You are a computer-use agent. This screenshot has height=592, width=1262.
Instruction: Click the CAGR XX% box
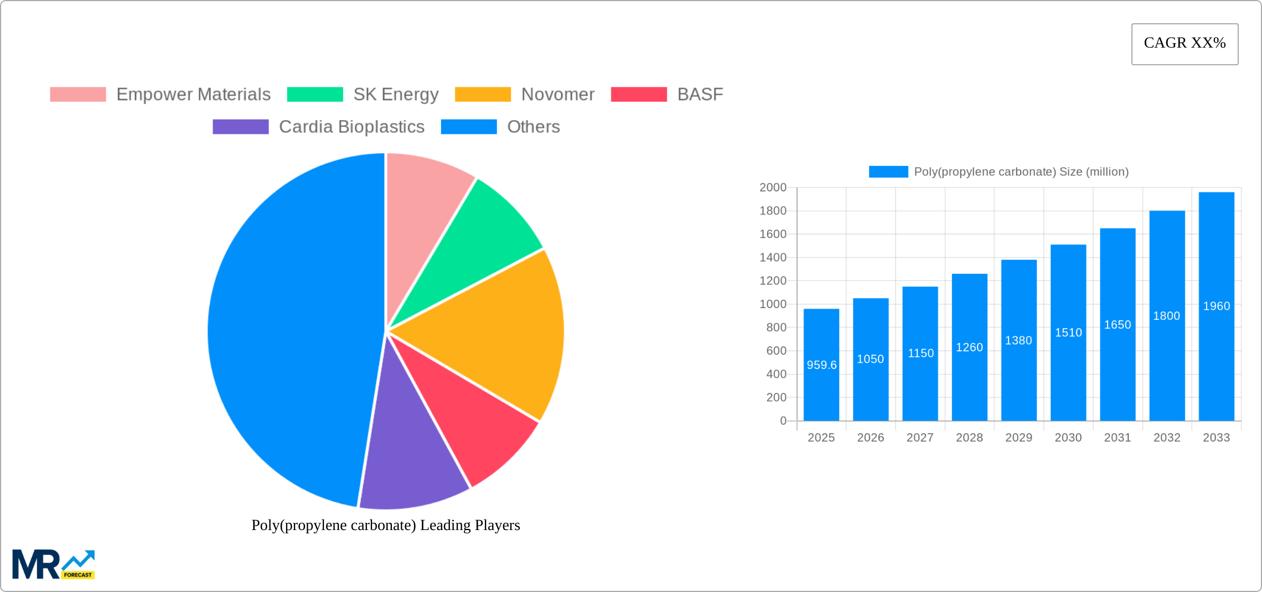(x=1185, y=44)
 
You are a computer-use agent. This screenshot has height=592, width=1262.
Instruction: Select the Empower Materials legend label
(x=193, y=95)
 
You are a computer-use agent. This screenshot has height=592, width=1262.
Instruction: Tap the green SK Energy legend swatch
(x=315, y=95)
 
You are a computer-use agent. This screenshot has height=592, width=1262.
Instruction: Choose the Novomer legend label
(x=557, y=95)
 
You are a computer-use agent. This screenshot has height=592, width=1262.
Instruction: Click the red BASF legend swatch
(x=639, y=95)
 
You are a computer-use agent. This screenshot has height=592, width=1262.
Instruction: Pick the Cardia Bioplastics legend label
(x=351, y=127)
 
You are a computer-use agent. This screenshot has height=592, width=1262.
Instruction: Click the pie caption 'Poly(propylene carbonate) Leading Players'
(x=386, y=525)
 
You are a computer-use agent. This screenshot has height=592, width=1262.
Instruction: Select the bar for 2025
(x=821, y=387)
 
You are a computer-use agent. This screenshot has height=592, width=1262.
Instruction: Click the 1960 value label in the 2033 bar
(x=1216, y=306)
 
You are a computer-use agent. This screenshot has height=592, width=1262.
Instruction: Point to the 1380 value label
(x=1018, y=340)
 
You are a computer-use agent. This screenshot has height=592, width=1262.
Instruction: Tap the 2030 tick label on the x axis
(x=1068, y=438)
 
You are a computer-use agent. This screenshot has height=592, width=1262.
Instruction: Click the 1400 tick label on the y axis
(x=773, y=257)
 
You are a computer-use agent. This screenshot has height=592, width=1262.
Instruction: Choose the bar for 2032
(x=1167, y=360)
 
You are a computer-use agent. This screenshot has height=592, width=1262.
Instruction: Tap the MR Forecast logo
(x=54, y=564)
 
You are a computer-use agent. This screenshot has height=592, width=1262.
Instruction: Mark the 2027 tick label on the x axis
(x=920, y=438)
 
